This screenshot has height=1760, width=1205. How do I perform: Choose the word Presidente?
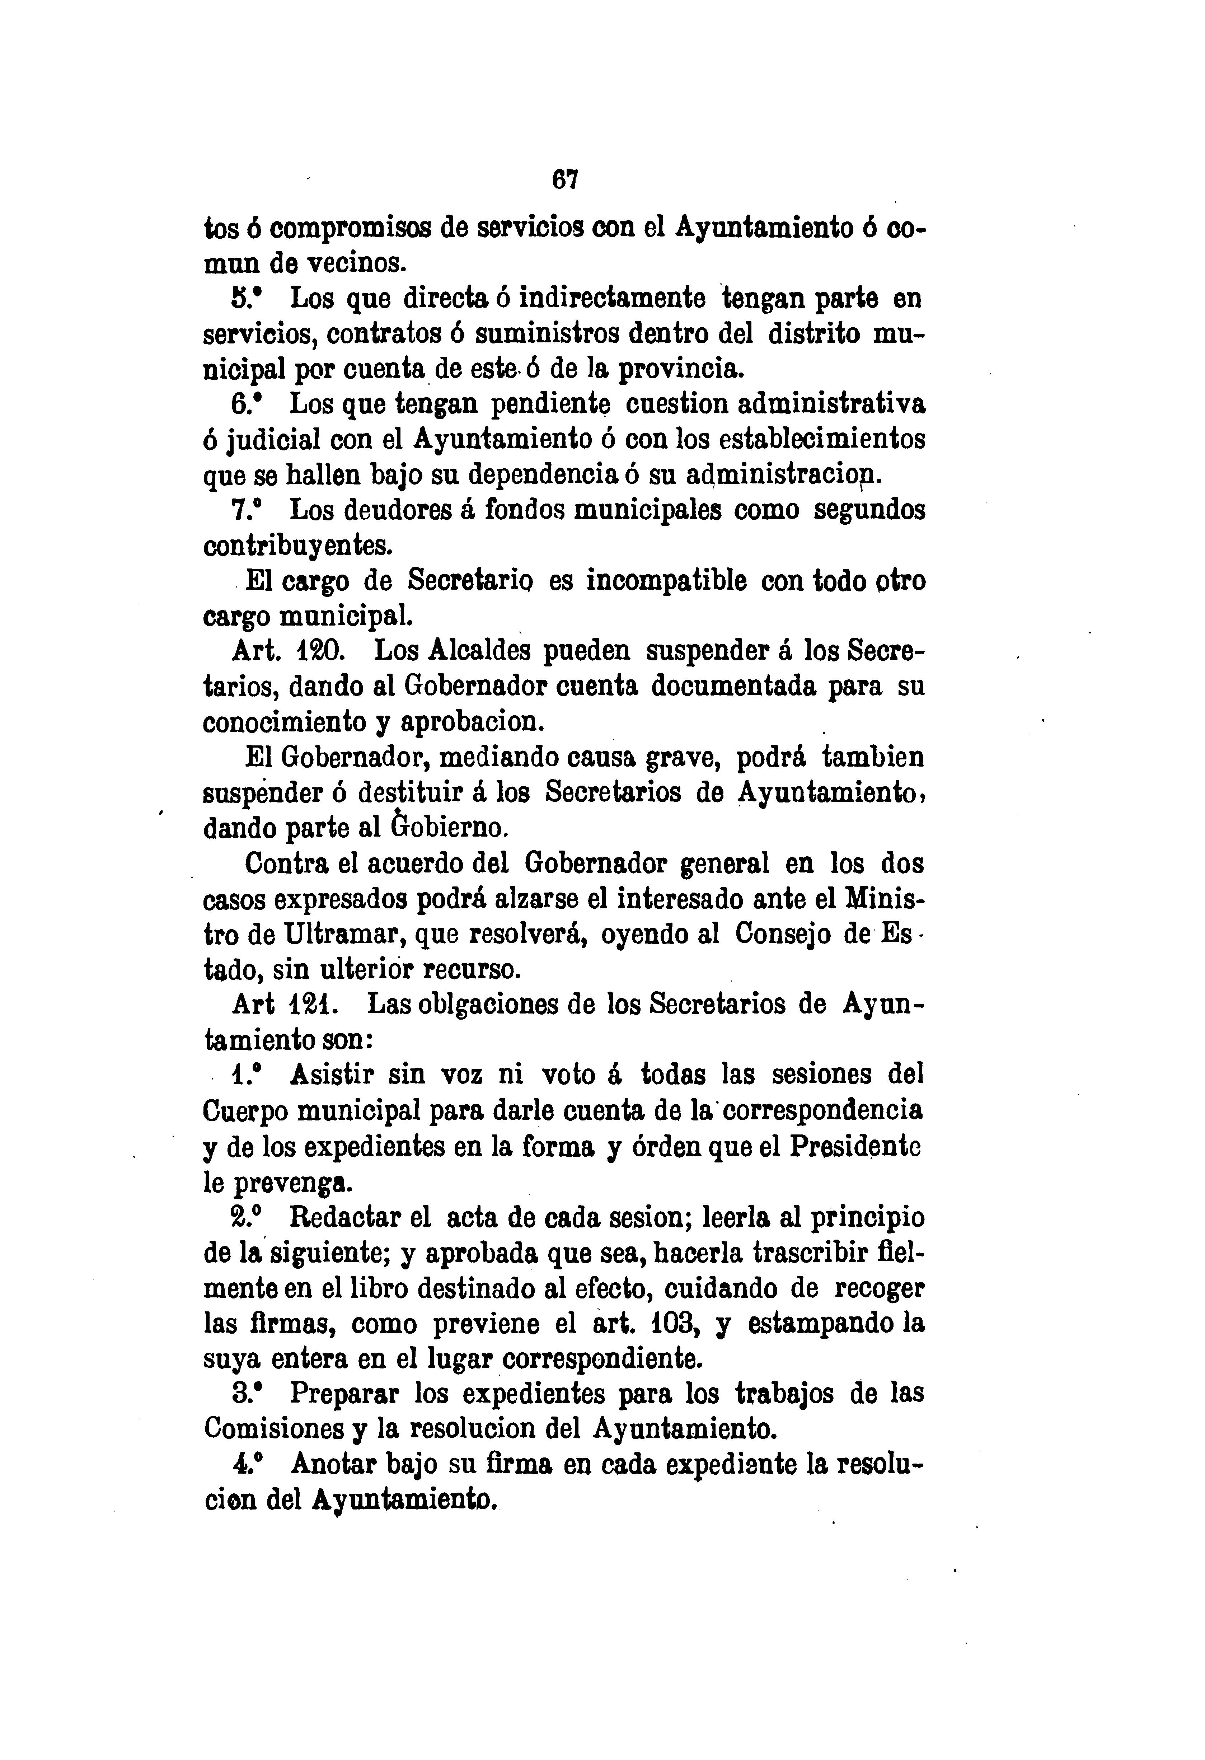coord(856,1146)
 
